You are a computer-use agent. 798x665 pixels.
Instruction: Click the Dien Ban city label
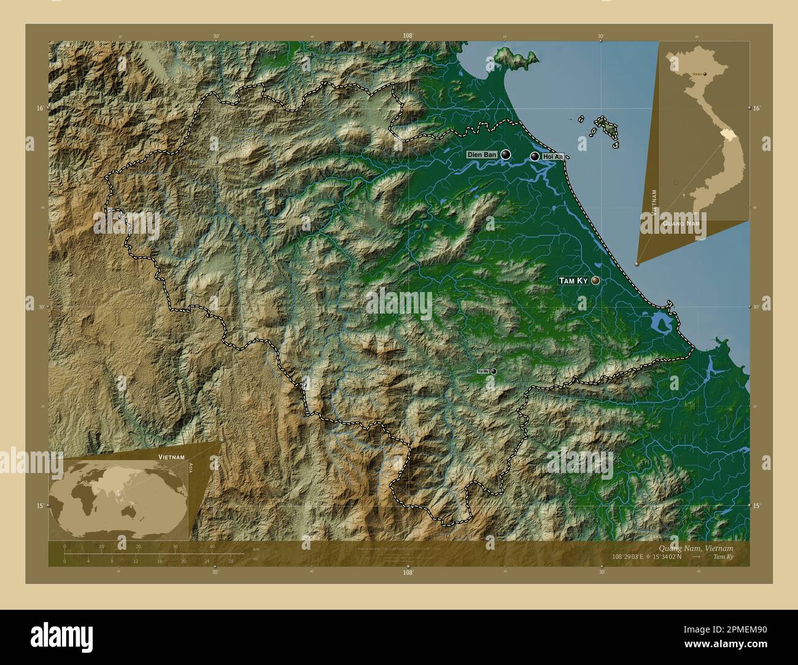click(x=482, y=155)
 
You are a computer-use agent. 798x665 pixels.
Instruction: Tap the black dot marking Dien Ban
click(x=505, y=155)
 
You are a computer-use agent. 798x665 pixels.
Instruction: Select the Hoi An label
click(x=552, y=158)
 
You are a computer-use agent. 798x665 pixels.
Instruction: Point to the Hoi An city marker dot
click(x=535, y=157)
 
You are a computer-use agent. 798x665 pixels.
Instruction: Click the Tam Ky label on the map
click(x=573, y=280)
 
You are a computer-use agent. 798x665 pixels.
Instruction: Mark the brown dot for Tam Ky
click(x=595, y=280)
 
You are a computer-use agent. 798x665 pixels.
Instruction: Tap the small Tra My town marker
click(x=493, y=371)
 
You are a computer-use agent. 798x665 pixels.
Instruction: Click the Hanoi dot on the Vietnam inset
click(x=705, y=74)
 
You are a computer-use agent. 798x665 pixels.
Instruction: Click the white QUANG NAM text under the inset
click(x=681, y=224)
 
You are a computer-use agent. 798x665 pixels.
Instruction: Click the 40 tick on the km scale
click(x=212, y=547)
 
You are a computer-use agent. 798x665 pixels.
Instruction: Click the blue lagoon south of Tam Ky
click(x=660, y=322)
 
